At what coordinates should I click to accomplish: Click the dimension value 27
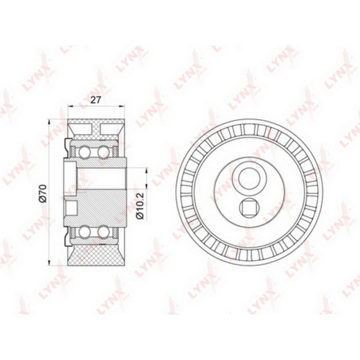tap(95, 100)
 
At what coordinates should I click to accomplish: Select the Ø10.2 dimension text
tap(140, 206)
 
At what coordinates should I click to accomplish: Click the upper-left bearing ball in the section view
tap(84, 152)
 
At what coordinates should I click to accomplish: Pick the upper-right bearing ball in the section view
tap(103, 152)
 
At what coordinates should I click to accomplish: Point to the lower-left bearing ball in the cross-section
tap(84, 232)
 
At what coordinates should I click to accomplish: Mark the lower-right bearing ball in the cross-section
tap(103, 232)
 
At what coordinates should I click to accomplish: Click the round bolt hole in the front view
tap(249, 179)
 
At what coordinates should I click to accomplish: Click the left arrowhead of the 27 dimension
tap(70, 106)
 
